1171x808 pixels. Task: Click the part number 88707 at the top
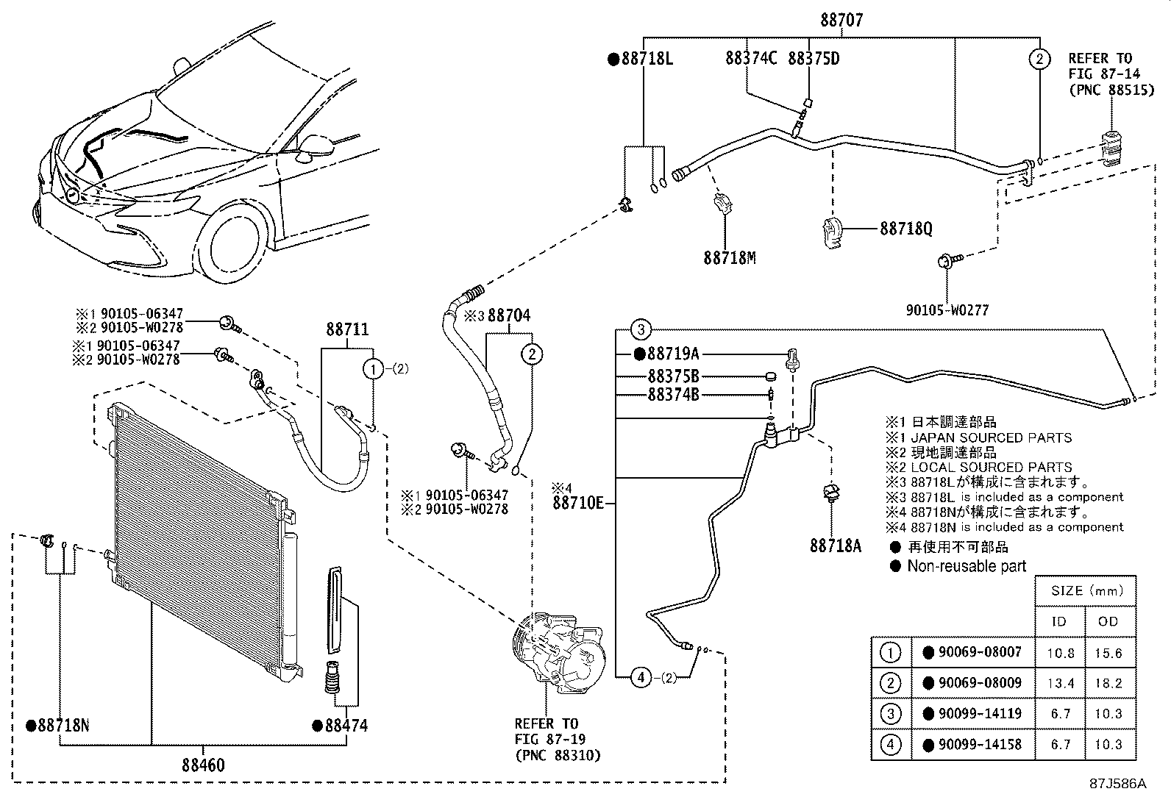pos(841,20)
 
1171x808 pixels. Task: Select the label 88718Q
pos(905,229)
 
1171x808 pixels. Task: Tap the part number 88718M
pos(730,258)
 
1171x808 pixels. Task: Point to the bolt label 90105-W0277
pos(947,310)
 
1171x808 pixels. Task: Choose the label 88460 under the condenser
pos(203,765)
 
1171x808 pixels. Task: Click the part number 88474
pos(346,726)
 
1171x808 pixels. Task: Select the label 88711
pos(348,331)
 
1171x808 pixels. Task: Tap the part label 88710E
pos(578,504)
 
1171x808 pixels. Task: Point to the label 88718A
pos(836,546)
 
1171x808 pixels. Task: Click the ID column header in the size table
pos(1058,622)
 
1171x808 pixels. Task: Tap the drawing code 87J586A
pos(1118,784)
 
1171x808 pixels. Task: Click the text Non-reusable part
pos(967,566)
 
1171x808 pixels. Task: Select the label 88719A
pos(672,354)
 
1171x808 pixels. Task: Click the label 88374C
pos(750,58)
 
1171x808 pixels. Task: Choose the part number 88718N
pos(63,726)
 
